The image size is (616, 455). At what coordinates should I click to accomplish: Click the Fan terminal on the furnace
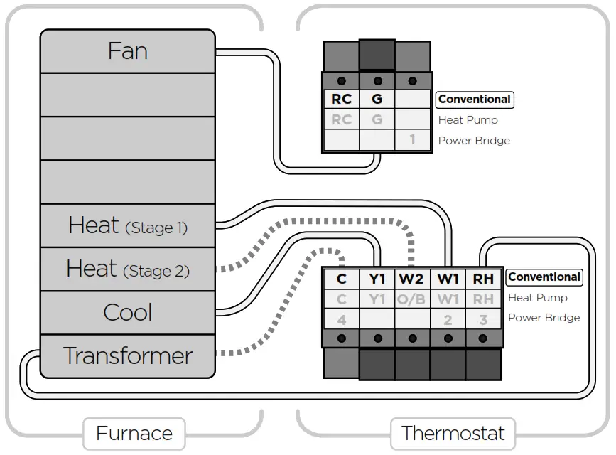(128, 51)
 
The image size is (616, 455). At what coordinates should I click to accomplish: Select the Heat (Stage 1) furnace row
(128, 226)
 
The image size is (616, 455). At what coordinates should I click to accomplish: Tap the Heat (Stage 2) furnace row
(128, 269)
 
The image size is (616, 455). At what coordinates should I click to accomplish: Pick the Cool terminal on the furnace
(128, 313)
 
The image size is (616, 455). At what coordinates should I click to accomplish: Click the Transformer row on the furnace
(128, 356)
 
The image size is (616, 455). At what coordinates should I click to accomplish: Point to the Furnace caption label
(134, 434)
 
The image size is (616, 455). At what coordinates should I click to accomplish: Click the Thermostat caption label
(453, 434)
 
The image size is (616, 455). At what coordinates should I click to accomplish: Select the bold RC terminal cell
(341, 99)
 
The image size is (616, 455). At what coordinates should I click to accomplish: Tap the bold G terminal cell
(377, 99)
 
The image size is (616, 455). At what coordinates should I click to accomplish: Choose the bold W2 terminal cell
(411, 279)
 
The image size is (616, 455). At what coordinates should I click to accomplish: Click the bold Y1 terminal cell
(377, 279)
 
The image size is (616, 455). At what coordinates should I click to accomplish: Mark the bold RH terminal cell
(483, 279)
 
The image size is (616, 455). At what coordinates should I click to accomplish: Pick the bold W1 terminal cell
(448, 279)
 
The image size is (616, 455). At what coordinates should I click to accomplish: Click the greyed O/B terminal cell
(411, 300)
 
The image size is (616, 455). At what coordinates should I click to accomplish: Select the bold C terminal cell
(341, 279)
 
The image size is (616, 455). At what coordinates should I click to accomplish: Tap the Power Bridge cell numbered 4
(341, 320)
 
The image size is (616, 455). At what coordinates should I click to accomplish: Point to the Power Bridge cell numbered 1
(413, 139)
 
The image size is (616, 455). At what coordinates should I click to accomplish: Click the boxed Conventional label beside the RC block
(475, 99)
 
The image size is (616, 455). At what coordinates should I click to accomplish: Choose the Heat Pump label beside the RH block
(538, 298)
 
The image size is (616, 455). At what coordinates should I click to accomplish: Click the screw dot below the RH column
(483, 338)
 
